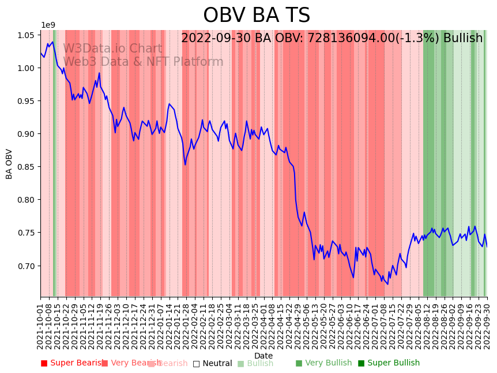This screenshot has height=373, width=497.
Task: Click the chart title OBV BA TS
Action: (257, 16)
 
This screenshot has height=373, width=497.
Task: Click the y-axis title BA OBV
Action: (9, 164)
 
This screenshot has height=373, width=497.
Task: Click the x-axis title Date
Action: (263, 356)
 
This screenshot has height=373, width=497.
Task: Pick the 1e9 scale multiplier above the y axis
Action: (48, 25)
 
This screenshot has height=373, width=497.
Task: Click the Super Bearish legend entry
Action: (73, 363)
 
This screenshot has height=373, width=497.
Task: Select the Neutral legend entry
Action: (212, 363)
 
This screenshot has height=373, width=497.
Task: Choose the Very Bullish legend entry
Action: (323, 363)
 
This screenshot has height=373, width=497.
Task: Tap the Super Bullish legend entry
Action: (389, 363)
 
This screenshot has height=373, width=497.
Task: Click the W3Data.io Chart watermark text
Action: (112, 49)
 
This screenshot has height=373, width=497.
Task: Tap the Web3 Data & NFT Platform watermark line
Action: (143, 62)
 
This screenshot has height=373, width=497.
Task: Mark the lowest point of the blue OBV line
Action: (387, 284)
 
